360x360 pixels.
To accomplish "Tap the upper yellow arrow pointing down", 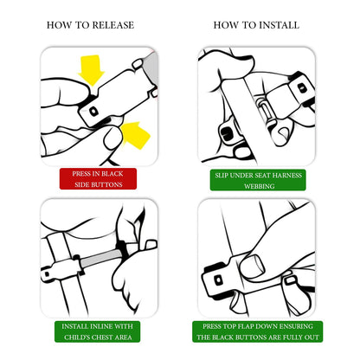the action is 91,69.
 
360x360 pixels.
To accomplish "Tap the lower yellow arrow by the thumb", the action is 135,135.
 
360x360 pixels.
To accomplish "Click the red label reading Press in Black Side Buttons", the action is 98,179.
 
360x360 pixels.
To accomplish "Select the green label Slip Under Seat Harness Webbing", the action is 258,180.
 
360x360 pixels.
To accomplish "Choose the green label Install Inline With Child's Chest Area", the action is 98,331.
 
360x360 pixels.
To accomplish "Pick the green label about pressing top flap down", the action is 258,331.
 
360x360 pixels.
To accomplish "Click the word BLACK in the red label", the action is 112,174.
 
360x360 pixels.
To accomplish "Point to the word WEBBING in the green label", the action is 260,186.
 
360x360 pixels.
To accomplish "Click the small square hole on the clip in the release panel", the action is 93,111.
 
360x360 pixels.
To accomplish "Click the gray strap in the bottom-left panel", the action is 100,258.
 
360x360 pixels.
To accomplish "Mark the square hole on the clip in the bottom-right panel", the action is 219,280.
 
